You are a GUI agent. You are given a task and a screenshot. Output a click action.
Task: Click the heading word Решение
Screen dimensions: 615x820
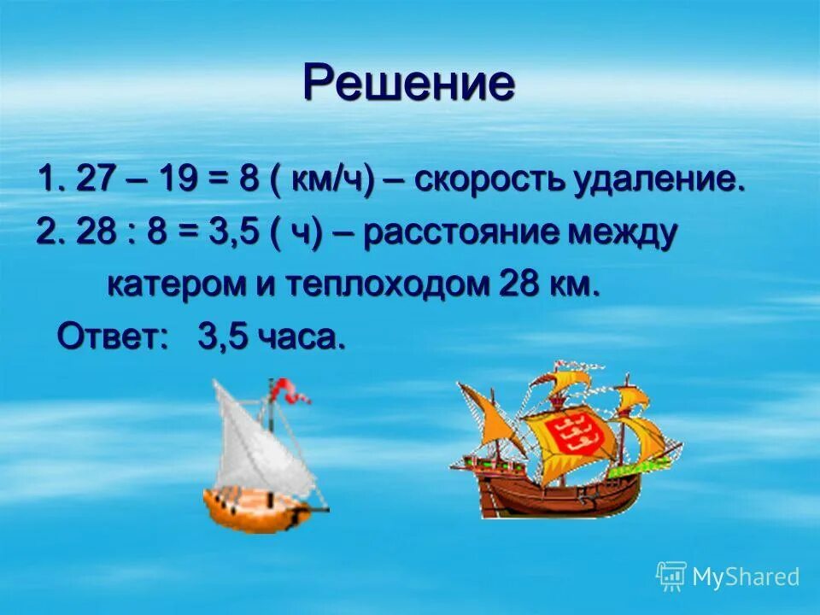409,84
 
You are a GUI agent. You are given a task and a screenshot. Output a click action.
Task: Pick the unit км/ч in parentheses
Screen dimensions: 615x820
328,182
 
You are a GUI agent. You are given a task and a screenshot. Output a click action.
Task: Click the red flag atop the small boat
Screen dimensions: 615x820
290,393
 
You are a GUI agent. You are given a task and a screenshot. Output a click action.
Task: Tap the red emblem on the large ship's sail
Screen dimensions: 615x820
582,436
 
